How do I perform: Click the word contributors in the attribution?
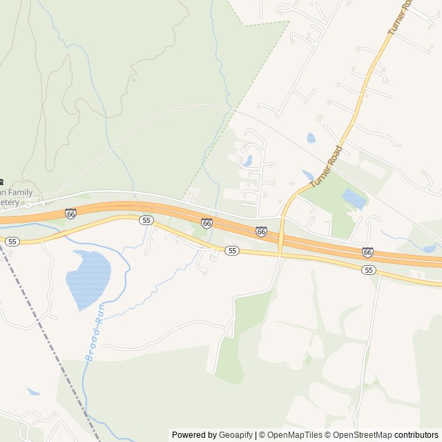(x=416, y=435)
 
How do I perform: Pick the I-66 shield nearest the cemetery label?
(x=70, y=213)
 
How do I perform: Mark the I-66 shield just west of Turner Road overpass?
(x=261, y=232)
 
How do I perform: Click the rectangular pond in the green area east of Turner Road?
(x=354, y=199)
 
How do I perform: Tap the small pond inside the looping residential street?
(x=245, y=161)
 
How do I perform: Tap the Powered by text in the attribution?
(x=193, y=435)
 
